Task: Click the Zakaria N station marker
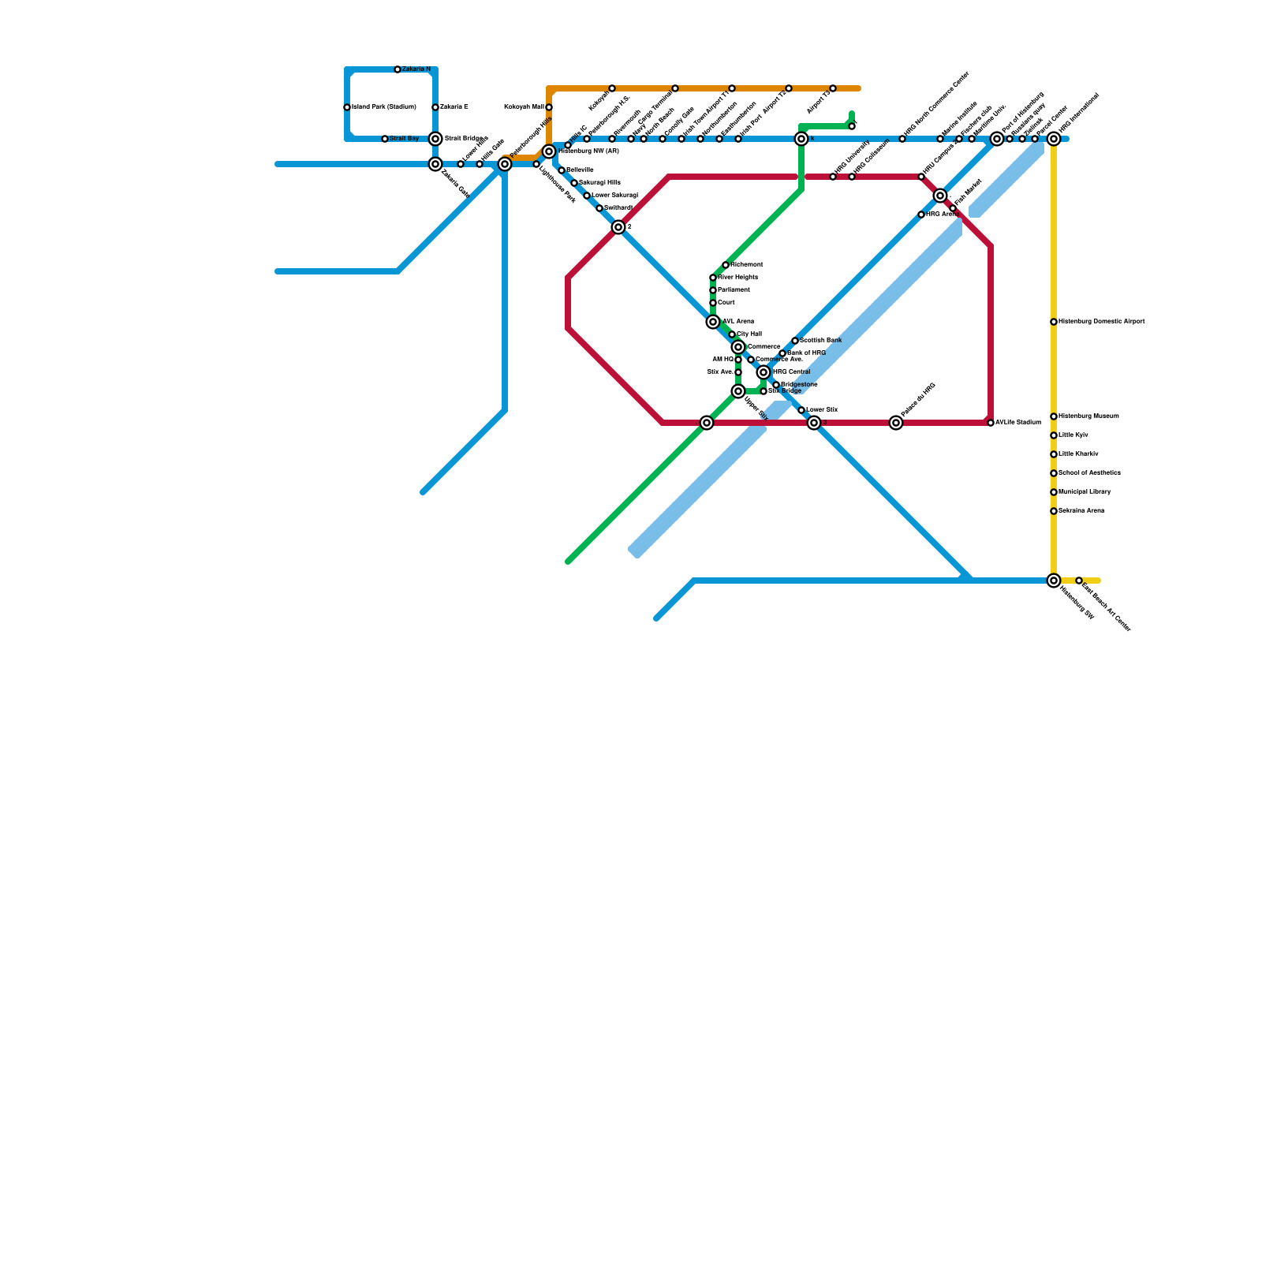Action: point(398,69)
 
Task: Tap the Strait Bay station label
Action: point(405,139)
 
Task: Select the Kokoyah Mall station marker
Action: point(549,107)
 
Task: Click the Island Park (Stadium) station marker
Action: point(347,107)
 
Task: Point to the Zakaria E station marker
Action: point(435,107)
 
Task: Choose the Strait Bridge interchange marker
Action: point(435,139)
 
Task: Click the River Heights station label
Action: point(737,278)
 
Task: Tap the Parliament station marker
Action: point(713,290)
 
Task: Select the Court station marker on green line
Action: point(713,303)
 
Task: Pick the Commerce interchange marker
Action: point(738,347)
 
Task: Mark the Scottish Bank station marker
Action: point(795,341)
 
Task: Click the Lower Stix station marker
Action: point(801,410)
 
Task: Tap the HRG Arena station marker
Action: point(921,215)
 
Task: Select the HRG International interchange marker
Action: point(1054,139)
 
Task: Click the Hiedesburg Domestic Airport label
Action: point(1101,322)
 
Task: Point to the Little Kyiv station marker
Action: point(1054,435)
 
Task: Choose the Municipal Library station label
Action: point(1085,492)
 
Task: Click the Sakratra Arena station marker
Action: point(1054,511)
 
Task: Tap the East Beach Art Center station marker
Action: point(1079,581)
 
